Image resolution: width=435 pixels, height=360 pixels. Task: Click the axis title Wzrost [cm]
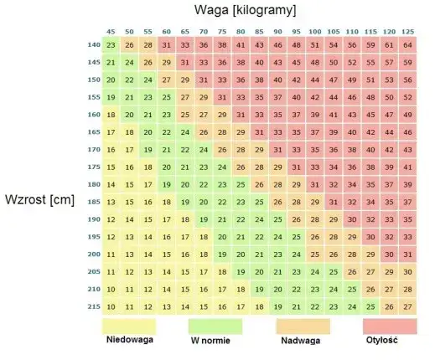(40, 200)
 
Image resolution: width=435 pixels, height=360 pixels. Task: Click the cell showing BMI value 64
(407, 44)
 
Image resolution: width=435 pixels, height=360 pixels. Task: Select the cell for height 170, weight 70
(204, 149)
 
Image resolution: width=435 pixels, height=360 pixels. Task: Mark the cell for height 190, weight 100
(314, 219)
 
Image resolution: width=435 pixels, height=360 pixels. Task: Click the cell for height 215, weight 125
(407, 306)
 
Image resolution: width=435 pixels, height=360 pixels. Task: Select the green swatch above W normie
(215, 325)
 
